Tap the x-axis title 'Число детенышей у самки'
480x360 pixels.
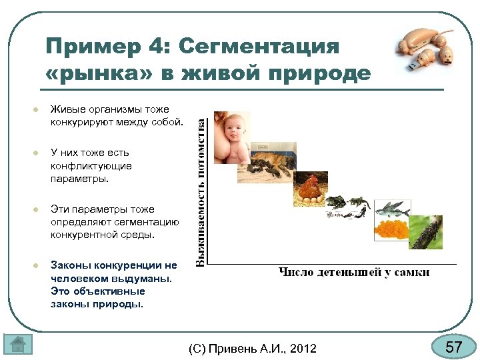(353, 271)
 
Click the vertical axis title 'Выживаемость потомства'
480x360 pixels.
(200, 191)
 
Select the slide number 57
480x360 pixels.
(454, 347)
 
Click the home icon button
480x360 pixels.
(18, 345)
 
